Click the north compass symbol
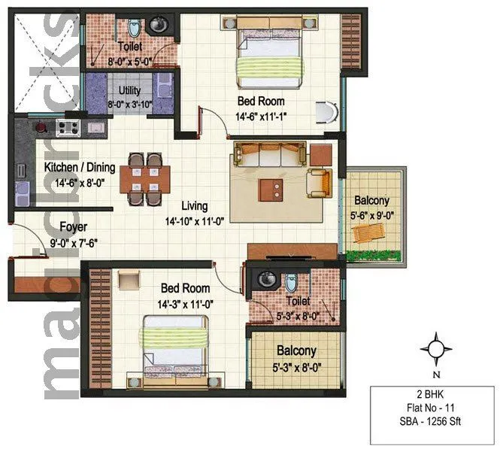[435, 349]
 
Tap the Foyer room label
[73, 226]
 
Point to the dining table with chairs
[145, 179]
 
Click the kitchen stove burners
[68, 127]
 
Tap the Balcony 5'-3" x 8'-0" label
[295, 357]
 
